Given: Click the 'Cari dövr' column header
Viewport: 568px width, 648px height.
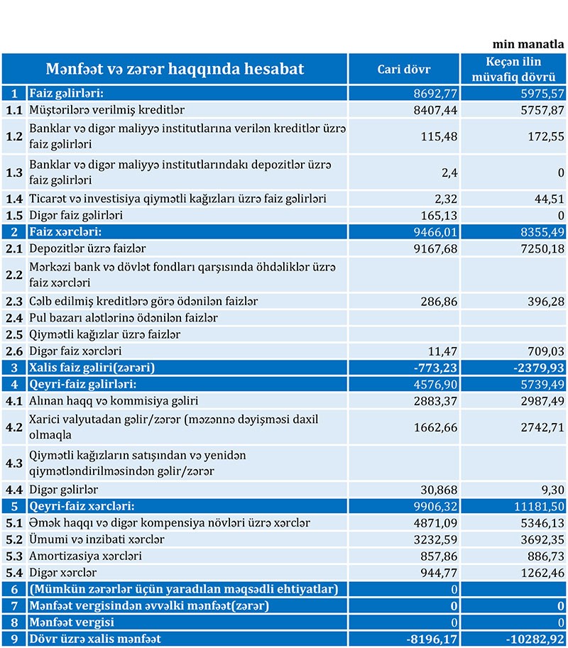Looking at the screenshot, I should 403,70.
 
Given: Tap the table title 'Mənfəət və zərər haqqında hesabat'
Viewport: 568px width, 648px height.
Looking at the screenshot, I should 175,70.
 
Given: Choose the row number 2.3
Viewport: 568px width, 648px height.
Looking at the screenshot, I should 14,302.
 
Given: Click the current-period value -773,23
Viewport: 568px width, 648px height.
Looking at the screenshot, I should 435,368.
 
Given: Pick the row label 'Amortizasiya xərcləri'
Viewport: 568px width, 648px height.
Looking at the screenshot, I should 85,556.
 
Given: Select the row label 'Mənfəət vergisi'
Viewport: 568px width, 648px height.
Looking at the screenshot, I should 72,622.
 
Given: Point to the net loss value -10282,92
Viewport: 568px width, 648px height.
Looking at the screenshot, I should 535,639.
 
